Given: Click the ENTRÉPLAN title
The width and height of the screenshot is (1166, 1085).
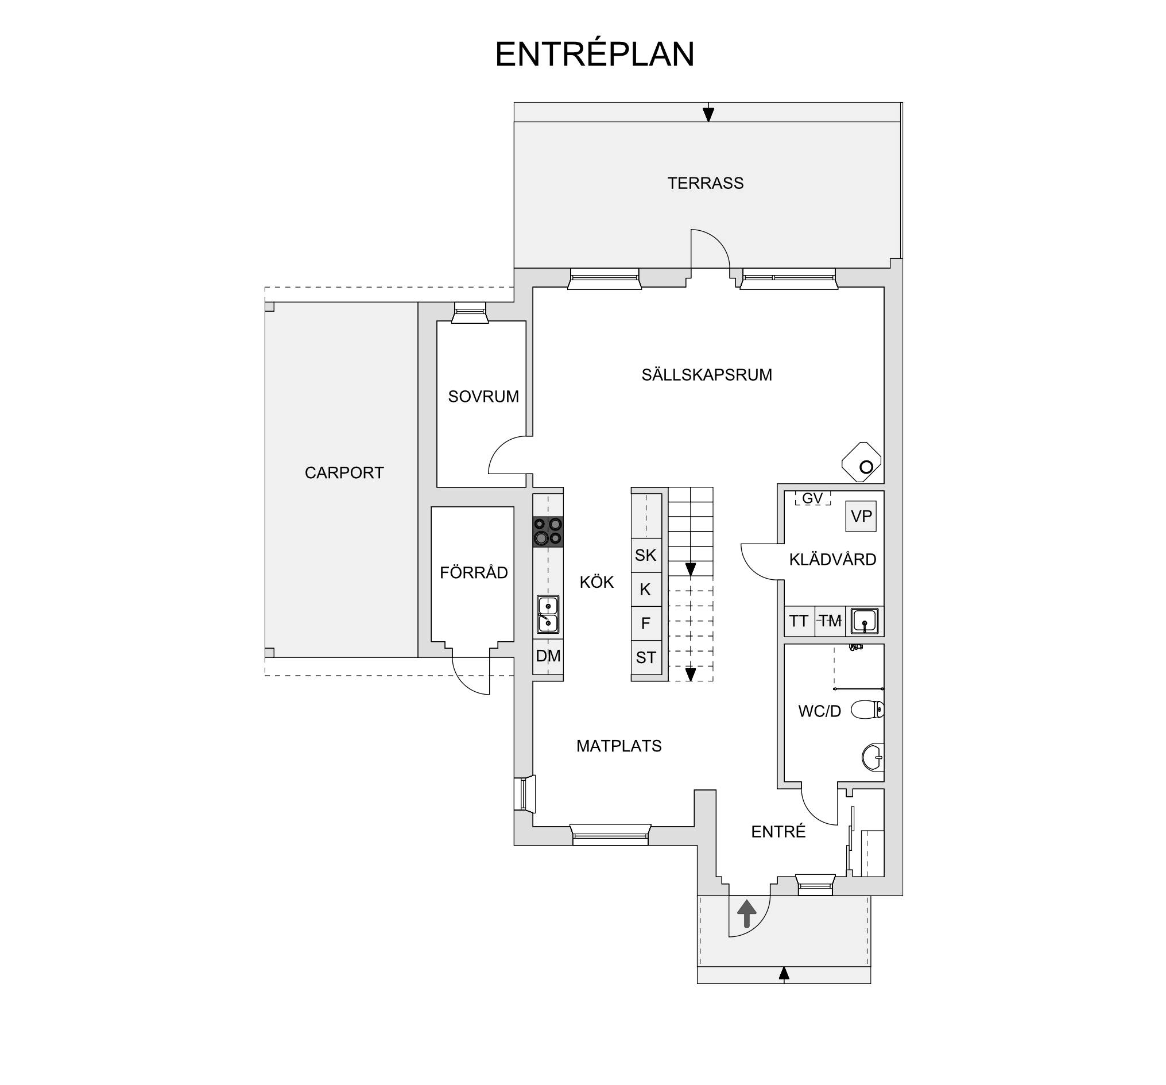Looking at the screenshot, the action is click(594, 55).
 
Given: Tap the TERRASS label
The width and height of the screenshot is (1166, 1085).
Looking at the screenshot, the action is click(705, 184).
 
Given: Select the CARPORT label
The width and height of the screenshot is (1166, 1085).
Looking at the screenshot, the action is click(344, 472).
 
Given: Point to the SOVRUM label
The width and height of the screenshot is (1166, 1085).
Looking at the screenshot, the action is click(483, 397).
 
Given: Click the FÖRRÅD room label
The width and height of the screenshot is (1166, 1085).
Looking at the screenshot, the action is click(474, 572).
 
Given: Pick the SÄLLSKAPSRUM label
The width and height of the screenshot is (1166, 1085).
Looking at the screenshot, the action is click(707, 375).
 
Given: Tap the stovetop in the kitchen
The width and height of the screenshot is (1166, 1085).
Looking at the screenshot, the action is click(548, 532).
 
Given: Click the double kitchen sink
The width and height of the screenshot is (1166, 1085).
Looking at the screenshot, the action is click(548, 615).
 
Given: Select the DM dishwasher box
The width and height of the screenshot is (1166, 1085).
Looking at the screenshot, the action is click(548, 656).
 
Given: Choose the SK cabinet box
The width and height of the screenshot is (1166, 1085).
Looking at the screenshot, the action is click(646, 555).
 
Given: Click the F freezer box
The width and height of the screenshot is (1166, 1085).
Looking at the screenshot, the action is click(646, 623).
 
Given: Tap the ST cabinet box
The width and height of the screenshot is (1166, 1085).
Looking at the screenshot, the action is click(646, 657).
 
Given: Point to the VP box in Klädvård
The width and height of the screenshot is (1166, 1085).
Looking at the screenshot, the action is click(861, 516).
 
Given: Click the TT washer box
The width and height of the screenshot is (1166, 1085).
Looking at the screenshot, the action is click(799, 621).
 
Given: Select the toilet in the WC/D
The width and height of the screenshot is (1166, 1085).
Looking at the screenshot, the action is click(867, 710).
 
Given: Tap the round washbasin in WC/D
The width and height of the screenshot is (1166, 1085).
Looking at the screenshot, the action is click(873, 757).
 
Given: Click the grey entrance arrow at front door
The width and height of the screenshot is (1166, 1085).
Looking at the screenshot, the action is click(746, 914).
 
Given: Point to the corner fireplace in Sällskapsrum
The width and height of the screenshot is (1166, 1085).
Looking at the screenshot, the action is click(862, 462).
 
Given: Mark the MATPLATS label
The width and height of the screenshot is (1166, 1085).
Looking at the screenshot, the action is click(619, 746).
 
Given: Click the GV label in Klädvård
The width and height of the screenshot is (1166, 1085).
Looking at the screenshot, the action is click(812, 498).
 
